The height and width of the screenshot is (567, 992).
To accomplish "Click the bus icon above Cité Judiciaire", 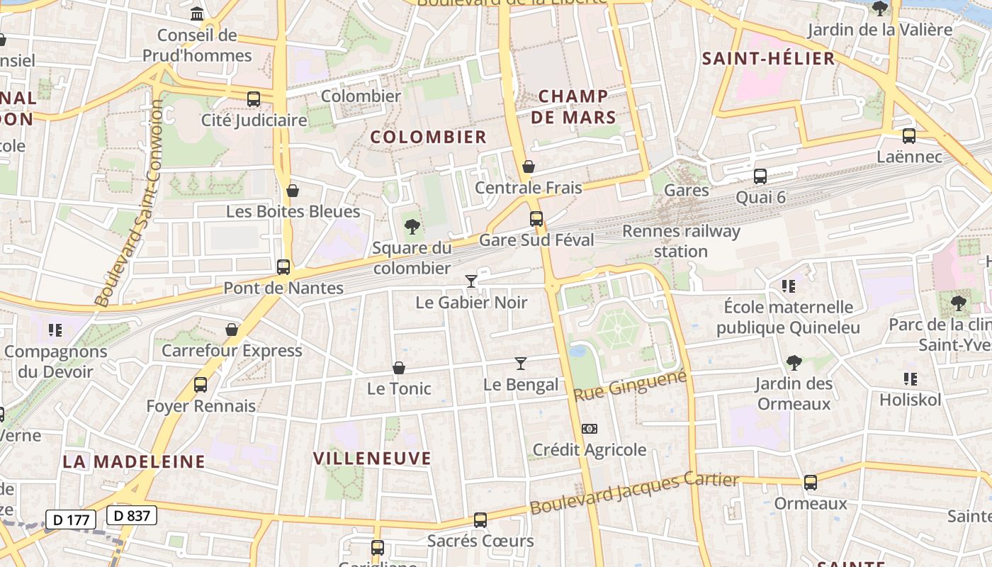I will pyautogui.click(x=254, y=99).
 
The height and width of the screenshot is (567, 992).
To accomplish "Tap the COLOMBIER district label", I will pyautogui.click(x=429, y=137).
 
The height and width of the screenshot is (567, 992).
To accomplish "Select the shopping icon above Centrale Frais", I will pyautogui.click(x=528, y=167).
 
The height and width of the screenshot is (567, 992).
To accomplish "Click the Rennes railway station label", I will pyautogui.click(x=680, y=241).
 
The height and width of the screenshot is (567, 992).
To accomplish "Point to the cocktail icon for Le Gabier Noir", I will pyautogui.click(x=470, y=281).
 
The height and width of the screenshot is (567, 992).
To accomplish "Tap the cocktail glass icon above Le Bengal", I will pyautogui.click(x=521, y=364).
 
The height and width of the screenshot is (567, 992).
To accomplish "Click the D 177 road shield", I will pyautogui.click(x=71, y=520).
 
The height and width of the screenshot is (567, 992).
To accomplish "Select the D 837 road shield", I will pyautogui.click(x=132, y=515).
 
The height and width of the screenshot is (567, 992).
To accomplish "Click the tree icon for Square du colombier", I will pyautogui.click(x=412, y=227).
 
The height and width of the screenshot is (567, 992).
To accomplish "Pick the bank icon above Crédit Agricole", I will pyautogui.click(x=590, y=429).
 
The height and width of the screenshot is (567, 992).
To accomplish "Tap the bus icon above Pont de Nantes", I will pyautogui.click(x=283, y=267).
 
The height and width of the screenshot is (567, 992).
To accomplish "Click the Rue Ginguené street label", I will pyautogui.click(x=630, y=386).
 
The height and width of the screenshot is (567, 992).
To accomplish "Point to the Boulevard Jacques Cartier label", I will pyautogui.click(x=634, y=493).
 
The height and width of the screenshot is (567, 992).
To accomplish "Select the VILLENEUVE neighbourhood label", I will pyautogui.click(x=372, y=459).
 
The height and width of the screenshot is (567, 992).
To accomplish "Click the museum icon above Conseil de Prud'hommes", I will pyautogui.click(x=197, y=13).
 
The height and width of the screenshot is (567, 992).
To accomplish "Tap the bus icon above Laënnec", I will pyautogui.click(x=909, y=136).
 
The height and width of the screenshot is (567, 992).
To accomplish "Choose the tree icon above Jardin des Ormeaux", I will pyautogui.click(x=794, y=363).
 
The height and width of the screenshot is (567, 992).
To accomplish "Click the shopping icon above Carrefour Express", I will pyautogui.click(x=232, y=330).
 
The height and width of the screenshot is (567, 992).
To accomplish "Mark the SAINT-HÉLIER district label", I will pyautogui.click(x=768, y=59).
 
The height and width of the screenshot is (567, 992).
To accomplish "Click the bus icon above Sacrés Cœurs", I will pyautogui.click(x=480, y=520).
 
